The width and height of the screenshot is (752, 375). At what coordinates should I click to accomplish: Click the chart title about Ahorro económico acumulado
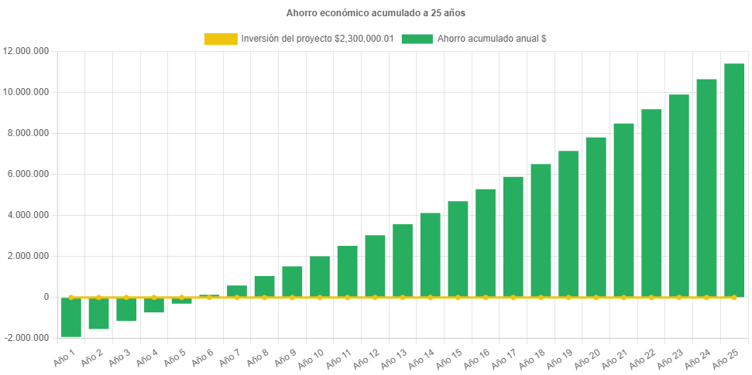click(376, 13)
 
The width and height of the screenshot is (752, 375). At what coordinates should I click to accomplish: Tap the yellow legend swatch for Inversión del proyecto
click(220, 39)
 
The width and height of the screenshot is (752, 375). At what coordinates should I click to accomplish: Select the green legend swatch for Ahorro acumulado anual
click(417, 39)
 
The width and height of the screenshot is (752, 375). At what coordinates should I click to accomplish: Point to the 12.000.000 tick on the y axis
click(26, 51)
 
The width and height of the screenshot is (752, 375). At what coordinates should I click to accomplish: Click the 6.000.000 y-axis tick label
click(29, 174)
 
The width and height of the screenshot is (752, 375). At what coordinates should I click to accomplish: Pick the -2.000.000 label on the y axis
click(27, 338)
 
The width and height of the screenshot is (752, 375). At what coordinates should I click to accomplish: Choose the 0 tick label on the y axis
click(46, 297)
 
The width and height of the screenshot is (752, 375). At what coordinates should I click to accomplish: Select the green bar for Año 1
click(71, 317)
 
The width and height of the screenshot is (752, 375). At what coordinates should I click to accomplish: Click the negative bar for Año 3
click(126, 309)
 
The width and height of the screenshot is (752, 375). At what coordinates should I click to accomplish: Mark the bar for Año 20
click(596, 217)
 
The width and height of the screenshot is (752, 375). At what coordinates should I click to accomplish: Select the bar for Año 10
click(320, 277)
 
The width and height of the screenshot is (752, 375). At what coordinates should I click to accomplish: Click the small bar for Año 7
click(237, 291)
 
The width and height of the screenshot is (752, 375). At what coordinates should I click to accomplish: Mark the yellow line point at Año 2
click(98, 297)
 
